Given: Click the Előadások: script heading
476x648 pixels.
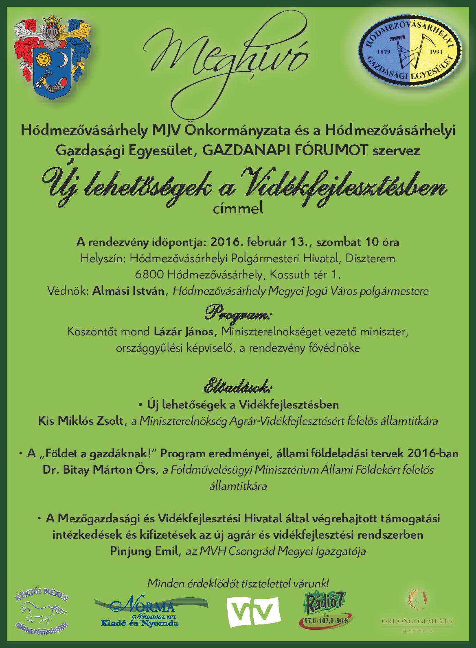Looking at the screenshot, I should [238, 386].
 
